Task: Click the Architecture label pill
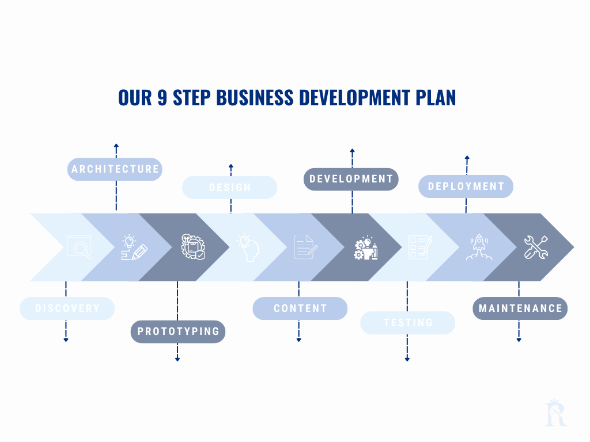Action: (x=115, y=169)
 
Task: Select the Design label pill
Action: (x=229, y=188)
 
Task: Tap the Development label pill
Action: (x=351, y=179)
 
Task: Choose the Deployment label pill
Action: (x=466, y=186)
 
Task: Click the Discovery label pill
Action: (x=67, y=308)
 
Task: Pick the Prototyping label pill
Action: (x=177, y=331)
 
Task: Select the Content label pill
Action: (x=300, y=308)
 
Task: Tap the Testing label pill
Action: (x=407, y=322)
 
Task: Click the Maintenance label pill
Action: (x=520, y=308)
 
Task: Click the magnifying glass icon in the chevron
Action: (x=78, y=247)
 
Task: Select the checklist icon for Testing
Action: (x=420, y=247)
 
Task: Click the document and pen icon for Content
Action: (x=305, y=247)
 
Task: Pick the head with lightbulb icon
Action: (x=248, y=247)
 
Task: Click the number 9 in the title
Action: (x=163, y=98)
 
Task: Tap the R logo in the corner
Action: (x=556, y=413)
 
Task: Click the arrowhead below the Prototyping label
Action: (x=177, y=360)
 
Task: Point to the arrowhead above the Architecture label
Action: (x=116, y=146)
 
